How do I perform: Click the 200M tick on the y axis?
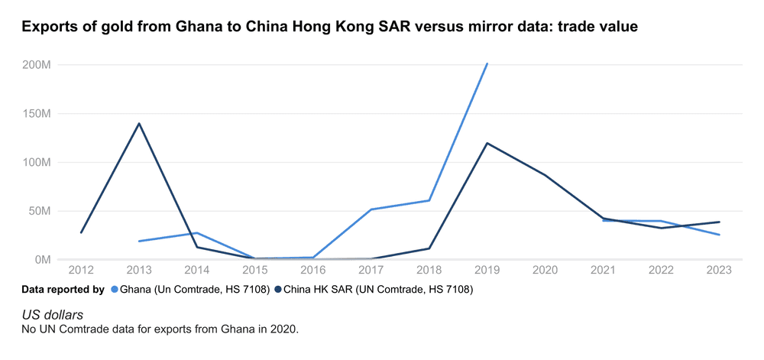(x=37, y=65)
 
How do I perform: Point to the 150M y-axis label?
(x=37, y=114)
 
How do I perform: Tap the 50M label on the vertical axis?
(x=39, y=211)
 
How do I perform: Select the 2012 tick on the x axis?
(x=81, y=270)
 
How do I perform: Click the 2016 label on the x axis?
(x=313, y=270)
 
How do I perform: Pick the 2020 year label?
(x=545, y=270)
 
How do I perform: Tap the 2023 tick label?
(x=719, y=270)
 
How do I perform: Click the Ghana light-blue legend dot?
(x=115, y=290)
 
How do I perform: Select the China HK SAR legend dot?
(x=279, y=290)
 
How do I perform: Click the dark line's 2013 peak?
(x=139, y=123)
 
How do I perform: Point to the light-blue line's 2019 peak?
(x=487, y=64)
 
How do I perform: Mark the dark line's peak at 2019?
(x=487, y=143)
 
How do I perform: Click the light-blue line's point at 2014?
(x=197, y=233)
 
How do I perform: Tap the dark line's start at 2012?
(x=81, y=232)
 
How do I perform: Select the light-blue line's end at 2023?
(x=719, y=235)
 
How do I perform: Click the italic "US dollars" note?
(x=53, y=315)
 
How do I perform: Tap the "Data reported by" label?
(x=63, y=290)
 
